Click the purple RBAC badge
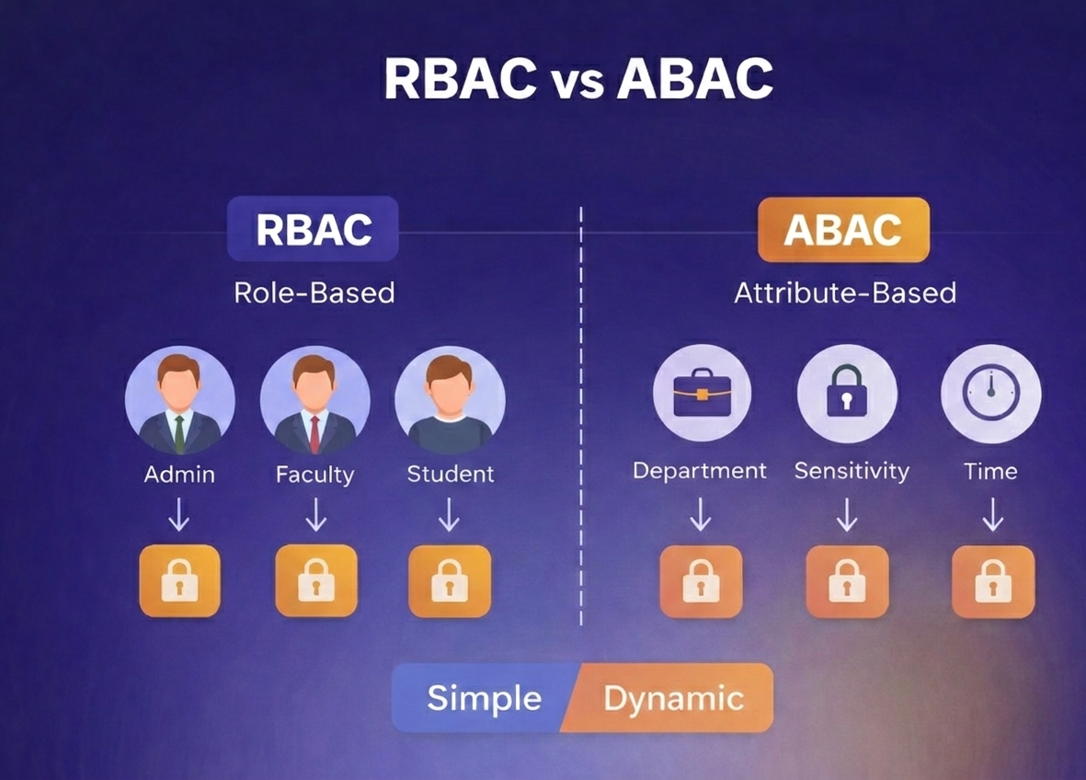pos(313,229)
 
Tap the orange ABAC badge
pos(842,229)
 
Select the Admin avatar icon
pos(179,401)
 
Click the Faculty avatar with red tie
pos(314,401)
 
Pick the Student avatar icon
pos(450,401)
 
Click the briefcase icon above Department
pos(701,393)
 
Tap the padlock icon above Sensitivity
pos(846,393)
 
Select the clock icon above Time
pos(990,393)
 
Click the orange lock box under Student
pos(450,580)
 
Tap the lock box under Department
pos(701,581)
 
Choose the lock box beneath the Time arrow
pos(992,581)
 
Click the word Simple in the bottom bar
pos(484,698)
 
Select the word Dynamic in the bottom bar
pos(673,698)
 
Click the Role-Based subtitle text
pos(314,292)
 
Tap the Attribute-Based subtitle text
pos(844,292)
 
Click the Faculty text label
pos(314,475)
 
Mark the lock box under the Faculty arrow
pos(315,580)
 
